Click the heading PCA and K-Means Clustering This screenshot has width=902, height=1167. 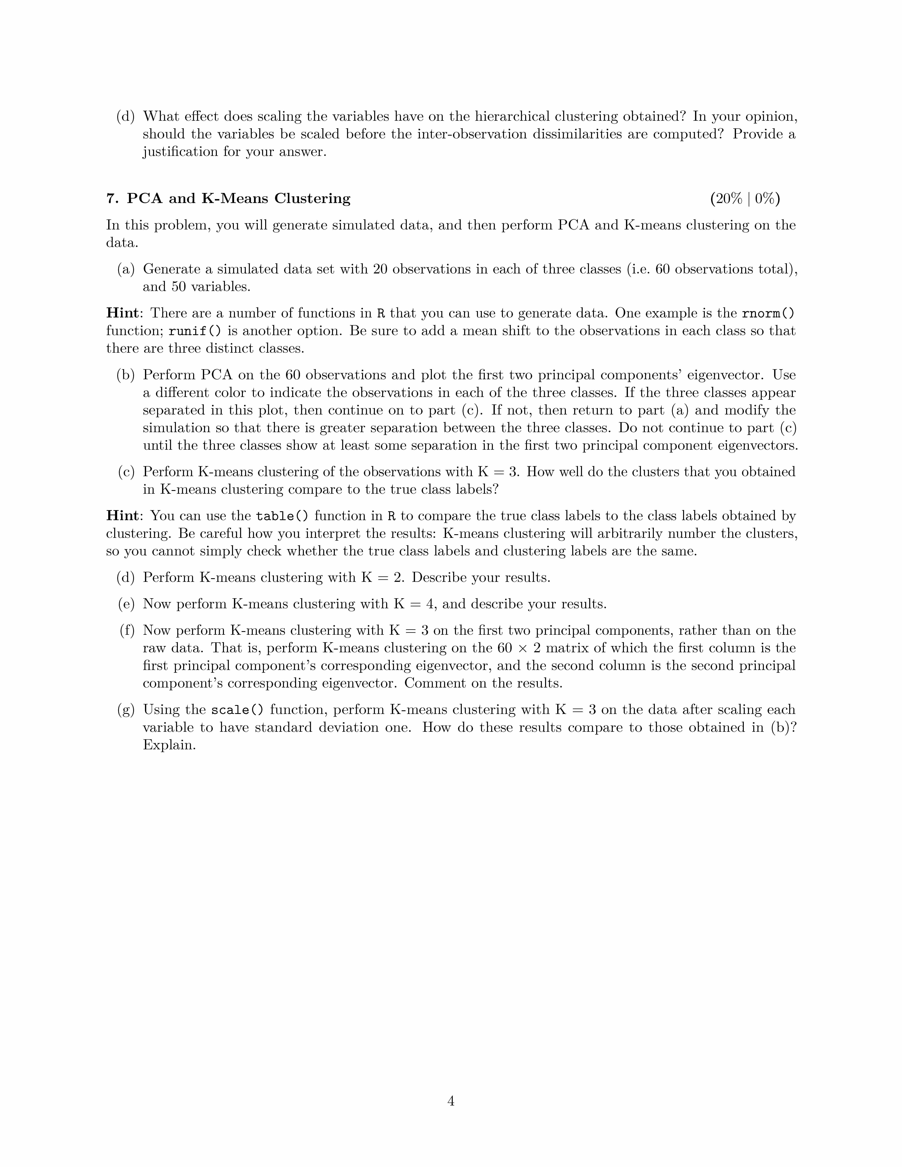click(x=238, y=199)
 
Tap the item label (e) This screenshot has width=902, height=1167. click(x=126, y=604)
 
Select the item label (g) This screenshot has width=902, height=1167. click(x=126, y=710)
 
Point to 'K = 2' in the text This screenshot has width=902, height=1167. click(x=382, y=578)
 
